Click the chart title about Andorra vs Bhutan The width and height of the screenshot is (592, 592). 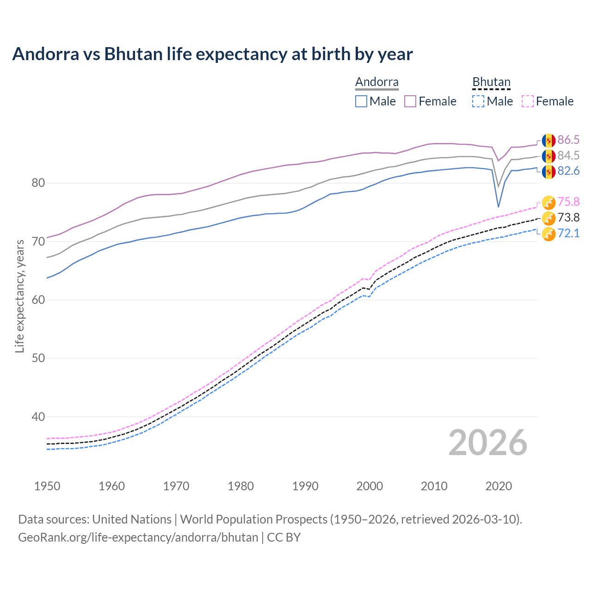click(x=212, y=54)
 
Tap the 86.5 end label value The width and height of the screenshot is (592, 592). click(x=568, y=140)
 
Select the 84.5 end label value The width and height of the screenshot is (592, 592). click(x=568, y=155)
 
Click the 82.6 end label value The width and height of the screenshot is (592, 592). click(x=568, y=171)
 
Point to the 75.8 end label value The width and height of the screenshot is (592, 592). click(x=568, y=202)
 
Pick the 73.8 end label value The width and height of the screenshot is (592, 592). click(x=568, y=217)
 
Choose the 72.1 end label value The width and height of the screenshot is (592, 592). click(x=568, y=233)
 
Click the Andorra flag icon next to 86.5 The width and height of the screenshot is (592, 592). click(x=549, y=140)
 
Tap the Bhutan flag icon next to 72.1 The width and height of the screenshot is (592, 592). click(x=549, y=234)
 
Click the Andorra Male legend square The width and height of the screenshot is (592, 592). click(x=361, y=101)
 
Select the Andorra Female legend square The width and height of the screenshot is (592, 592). click(x=410, y=101)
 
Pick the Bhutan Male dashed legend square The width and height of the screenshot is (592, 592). click(x=478, y=101)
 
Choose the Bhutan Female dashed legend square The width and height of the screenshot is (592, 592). click(x=528, y=101)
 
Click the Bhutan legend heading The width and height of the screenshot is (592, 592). click(x=491, y=82)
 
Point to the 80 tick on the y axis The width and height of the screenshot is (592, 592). click(x=38, y=183)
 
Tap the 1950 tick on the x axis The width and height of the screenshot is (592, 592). click(x=47, y=486)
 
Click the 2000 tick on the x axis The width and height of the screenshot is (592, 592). click(x=370, y=486)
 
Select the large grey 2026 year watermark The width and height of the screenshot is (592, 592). click(x=487, y=443)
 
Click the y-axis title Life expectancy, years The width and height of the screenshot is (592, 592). click(x=19, y=296)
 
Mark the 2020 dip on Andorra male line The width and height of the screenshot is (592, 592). click(x=498, y=207)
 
